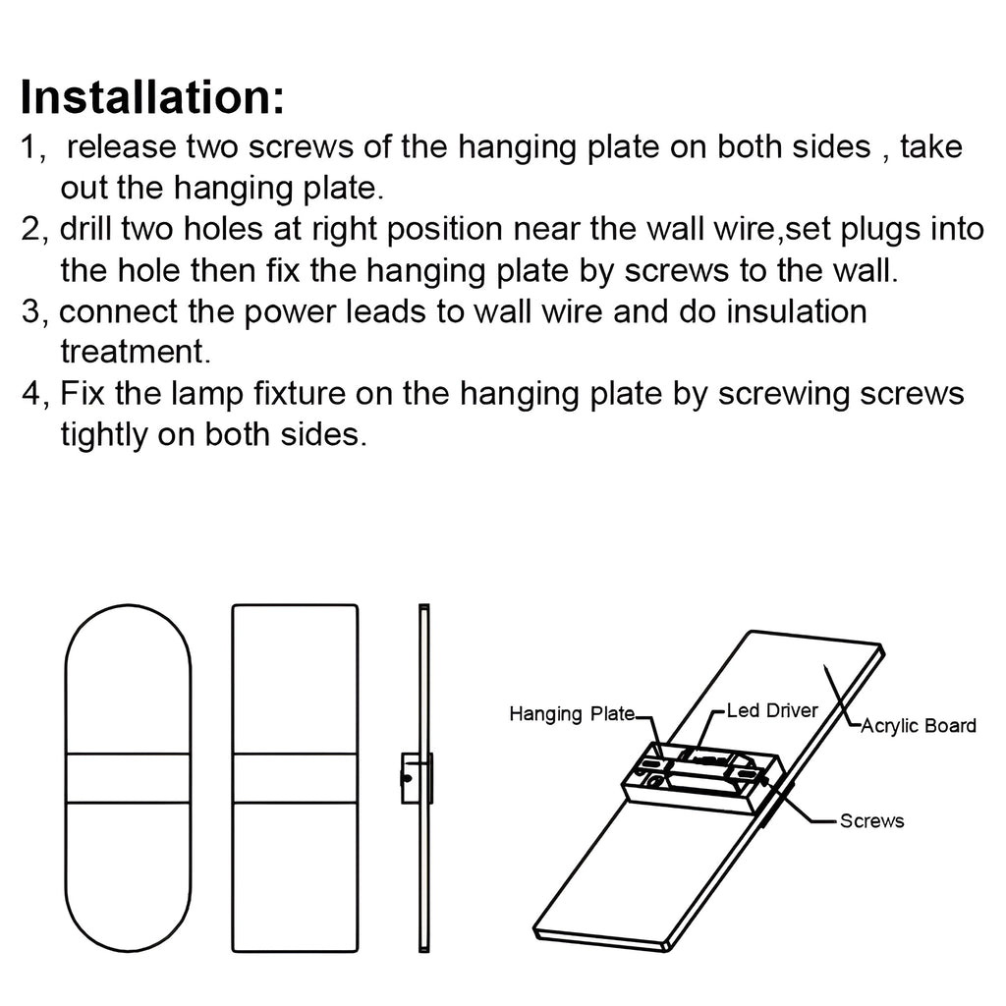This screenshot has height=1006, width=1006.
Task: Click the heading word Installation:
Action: click(x=152, y=98)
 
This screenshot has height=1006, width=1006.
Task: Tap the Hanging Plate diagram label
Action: click(x=571, y=714)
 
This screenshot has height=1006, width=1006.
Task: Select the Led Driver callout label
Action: click(x=772, y=709)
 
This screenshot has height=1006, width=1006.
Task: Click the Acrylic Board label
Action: click(x=918, y=726)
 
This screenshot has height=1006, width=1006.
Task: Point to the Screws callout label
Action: click(x=871, y=820)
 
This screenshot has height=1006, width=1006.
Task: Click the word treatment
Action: click(x=130, y=352)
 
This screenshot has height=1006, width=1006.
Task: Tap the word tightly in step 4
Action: click(x=102, y=435)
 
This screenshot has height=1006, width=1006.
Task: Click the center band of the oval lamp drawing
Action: click(x=128, y=777)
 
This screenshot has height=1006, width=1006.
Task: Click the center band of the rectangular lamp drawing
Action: click(x=295, y=777)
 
